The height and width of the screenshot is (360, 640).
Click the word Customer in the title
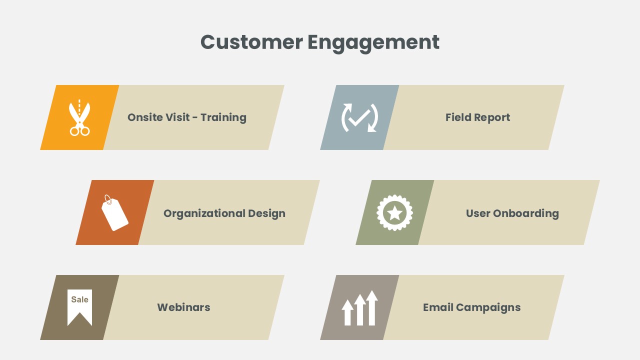[x=251, y=42]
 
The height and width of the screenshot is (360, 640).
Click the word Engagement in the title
[x=373, y=43]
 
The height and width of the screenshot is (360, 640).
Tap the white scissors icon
[x=79, y=117]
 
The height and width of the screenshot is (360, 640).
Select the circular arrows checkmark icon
[x=359, y=117]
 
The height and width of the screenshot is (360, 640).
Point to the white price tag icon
[x=115, y=213]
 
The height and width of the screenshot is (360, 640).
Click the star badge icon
[x=394, y=213]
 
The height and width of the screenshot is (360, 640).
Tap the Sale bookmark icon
[x=79, y=307]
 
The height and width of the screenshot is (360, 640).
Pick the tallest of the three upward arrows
[x=372, y=308]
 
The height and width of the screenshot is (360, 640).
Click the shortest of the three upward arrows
[x=347, y=312]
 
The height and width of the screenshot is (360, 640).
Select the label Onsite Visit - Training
[x=187, y=117]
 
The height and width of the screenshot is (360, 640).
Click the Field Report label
[x=477, y=117]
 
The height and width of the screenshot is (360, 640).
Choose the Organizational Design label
[x=224, y=213]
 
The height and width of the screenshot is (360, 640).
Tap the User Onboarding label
[x=512, y=213]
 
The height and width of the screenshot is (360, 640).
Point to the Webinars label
[x=183, y=307]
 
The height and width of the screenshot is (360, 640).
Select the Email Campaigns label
[x=471, y=307]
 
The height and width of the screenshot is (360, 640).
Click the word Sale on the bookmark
[x=79, y=299]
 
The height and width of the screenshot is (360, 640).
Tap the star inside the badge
[x=394, y=213]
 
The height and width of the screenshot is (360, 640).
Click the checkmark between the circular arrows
[x=359, y=118]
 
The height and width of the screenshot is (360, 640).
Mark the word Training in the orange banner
[x=223, y=117]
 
